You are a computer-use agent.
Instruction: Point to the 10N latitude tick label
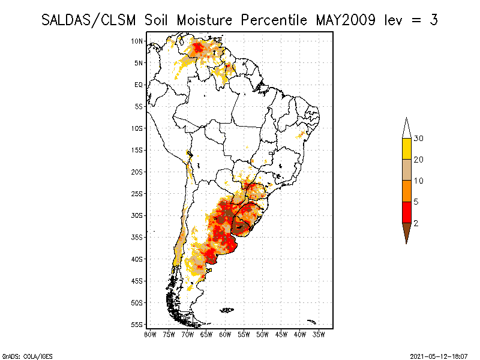click(137, 41)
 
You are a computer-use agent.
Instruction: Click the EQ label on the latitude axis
click(139, 85)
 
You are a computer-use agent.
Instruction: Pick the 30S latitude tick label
click(137, 215)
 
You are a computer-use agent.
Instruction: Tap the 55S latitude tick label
click(137, 325)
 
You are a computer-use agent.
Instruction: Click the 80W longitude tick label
click(150, 334)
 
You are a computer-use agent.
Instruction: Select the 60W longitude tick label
click(225, 334)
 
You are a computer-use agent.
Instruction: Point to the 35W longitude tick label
click(319, 334)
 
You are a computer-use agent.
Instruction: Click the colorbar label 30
click(419, 139)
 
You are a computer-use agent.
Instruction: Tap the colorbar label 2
click(416, 223)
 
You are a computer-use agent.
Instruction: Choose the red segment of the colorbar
click(406, 212)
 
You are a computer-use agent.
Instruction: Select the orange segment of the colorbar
click(406, 191)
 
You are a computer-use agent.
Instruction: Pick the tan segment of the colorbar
click(406, 170)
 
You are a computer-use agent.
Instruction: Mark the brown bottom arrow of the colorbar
click(406, 230)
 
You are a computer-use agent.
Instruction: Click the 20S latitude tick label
click(137, 172)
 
